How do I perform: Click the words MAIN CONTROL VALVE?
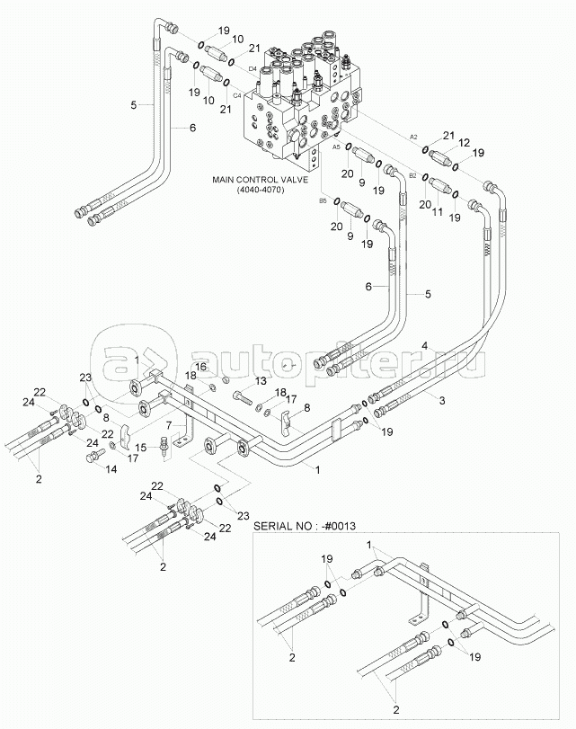260,180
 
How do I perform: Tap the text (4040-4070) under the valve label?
260,191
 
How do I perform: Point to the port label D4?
253,68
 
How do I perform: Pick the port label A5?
337,146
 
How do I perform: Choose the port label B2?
412,175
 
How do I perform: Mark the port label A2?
414,136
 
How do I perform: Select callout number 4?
423,346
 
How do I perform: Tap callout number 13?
261,380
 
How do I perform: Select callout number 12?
464,143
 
